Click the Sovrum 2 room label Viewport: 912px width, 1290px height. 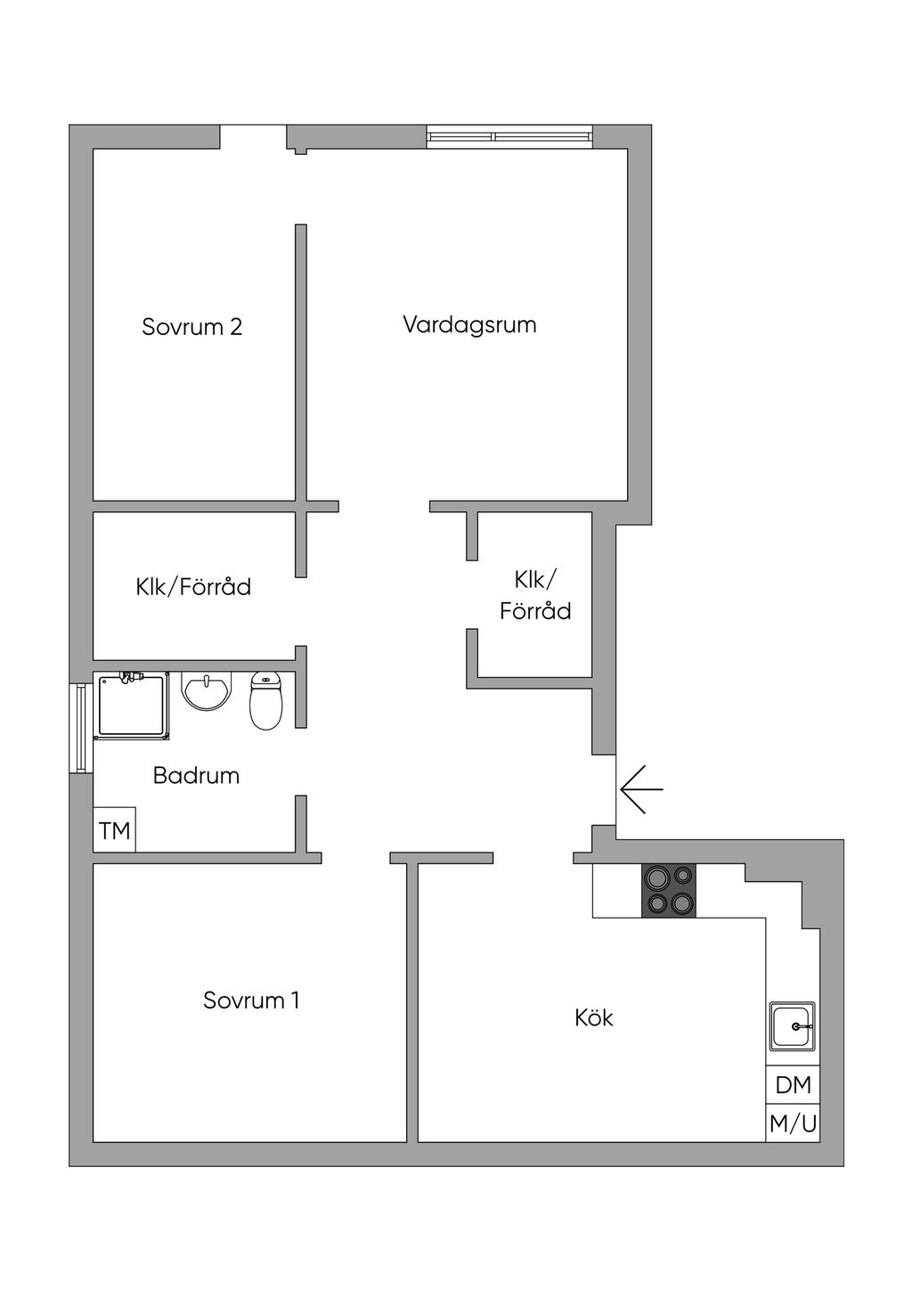click(x=191, y=327)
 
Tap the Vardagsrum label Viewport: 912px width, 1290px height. click(x=469, y=324)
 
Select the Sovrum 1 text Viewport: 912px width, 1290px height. click(x=251, y=1000)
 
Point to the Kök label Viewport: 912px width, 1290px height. click(x=594, y=1017)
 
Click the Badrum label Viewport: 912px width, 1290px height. click(x=196, y=775)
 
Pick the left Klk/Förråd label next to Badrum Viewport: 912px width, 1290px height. click(x=193, y=587)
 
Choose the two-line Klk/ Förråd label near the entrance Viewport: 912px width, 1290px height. click(x=534, y=595)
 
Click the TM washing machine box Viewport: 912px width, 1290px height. click(x=115, y=831)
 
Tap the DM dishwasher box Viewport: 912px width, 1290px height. click(x=793, y=1085)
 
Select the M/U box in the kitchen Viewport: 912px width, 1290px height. click(x=793, y=1123)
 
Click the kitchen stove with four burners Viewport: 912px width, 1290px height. click(x=669, y=890)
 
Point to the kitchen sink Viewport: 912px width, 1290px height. click(x=792, y=1026)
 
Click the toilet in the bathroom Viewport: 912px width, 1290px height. click(x=265, y=701)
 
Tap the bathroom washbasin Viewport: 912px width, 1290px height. click(x=208, y=690)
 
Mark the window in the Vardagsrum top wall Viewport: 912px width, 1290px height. click(x=509, y=135)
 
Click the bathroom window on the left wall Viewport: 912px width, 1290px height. click(x=81, y=728)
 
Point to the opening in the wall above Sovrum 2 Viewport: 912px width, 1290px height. click(x=253, y=136)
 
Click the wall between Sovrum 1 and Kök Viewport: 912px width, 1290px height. click(x=412, y=1002)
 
